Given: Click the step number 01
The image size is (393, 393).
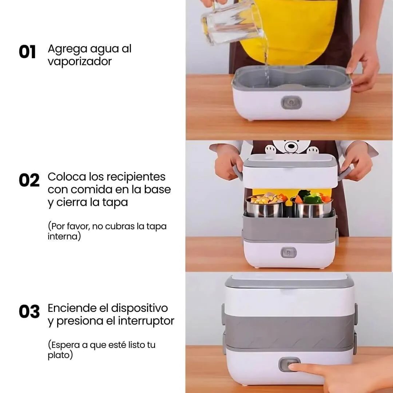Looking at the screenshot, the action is coord(27,52).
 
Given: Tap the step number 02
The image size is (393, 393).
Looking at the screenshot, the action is coord(29,180).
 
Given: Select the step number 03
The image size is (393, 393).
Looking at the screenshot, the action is coord(29,311).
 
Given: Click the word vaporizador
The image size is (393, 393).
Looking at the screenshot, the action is coord(80,61).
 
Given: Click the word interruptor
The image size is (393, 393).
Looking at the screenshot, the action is coord(146,321).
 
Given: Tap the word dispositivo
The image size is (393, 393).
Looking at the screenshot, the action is coord(139,309).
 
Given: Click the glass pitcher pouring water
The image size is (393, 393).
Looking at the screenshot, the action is coord(232,23).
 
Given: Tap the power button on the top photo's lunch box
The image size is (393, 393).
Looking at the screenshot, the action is coord(291,103).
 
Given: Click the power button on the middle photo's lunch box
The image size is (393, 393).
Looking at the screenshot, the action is coord(289,253).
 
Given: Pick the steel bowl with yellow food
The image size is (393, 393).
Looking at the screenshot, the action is coord(266,206).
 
